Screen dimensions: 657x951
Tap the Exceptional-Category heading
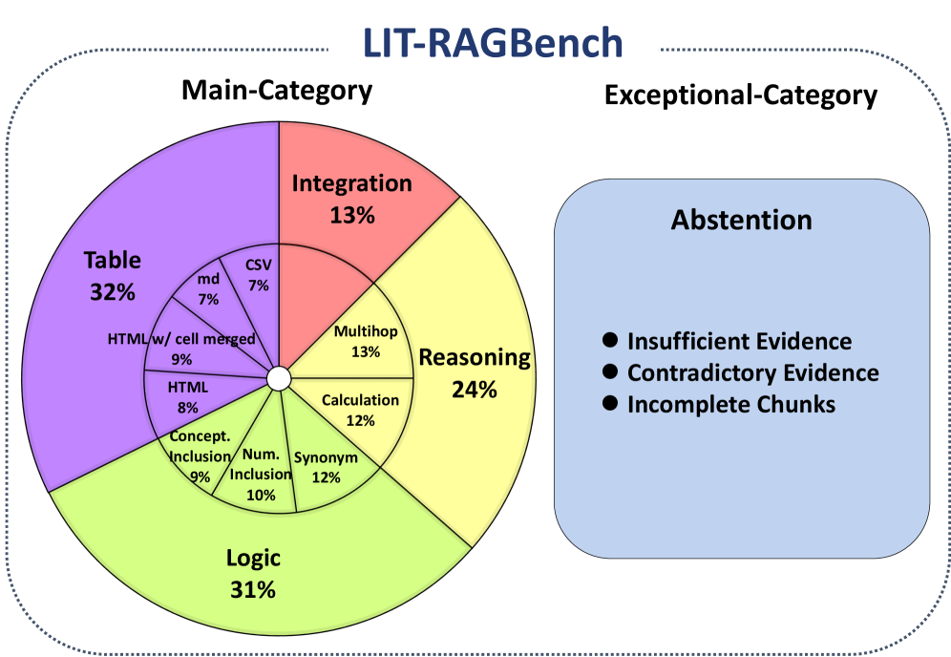coord(740,95)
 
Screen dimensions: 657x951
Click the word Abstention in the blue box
coord(741,220)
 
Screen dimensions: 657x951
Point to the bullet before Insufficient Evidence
coord(611,340)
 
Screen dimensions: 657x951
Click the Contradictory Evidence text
coord(752,372)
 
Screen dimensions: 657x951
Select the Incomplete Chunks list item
coord(730,404)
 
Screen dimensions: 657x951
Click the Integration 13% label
coord(351,198)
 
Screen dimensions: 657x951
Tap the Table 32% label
coord(112,275)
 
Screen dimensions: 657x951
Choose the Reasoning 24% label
coord(475,372)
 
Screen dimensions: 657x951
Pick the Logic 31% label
coord(253,573)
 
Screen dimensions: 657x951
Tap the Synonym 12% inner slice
coord(326,466)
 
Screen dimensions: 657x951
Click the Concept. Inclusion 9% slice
coord(200,456)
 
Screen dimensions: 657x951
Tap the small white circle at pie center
coord(277,379)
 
